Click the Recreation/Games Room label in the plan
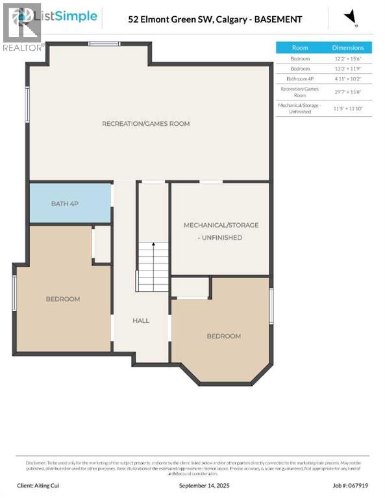[145, 123]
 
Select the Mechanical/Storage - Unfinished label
[221, 231]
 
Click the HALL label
[141, 320]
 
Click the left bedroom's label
[62, 299]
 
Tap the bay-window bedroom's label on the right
[223, 336]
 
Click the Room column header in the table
[300, 47]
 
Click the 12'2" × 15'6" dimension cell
[348, 58]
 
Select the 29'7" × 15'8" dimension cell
[348, 91]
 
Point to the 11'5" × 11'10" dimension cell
[348, 108]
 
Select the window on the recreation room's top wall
[104, 44]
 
